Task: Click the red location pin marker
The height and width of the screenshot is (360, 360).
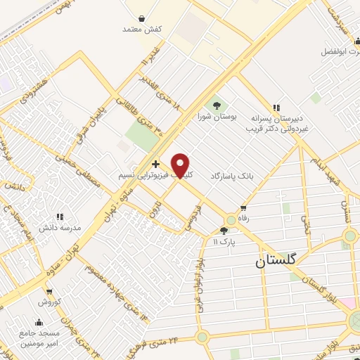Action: (181, 165)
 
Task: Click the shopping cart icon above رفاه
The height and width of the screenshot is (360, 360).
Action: (243, 208)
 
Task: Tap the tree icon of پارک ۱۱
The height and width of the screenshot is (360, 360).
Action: (225, 231)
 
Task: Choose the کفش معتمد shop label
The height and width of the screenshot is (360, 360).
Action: (142, 29)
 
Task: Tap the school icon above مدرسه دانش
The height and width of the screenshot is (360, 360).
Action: (60, 217)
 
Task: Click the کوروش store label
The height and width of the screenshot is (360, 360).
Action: (51, 302)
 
